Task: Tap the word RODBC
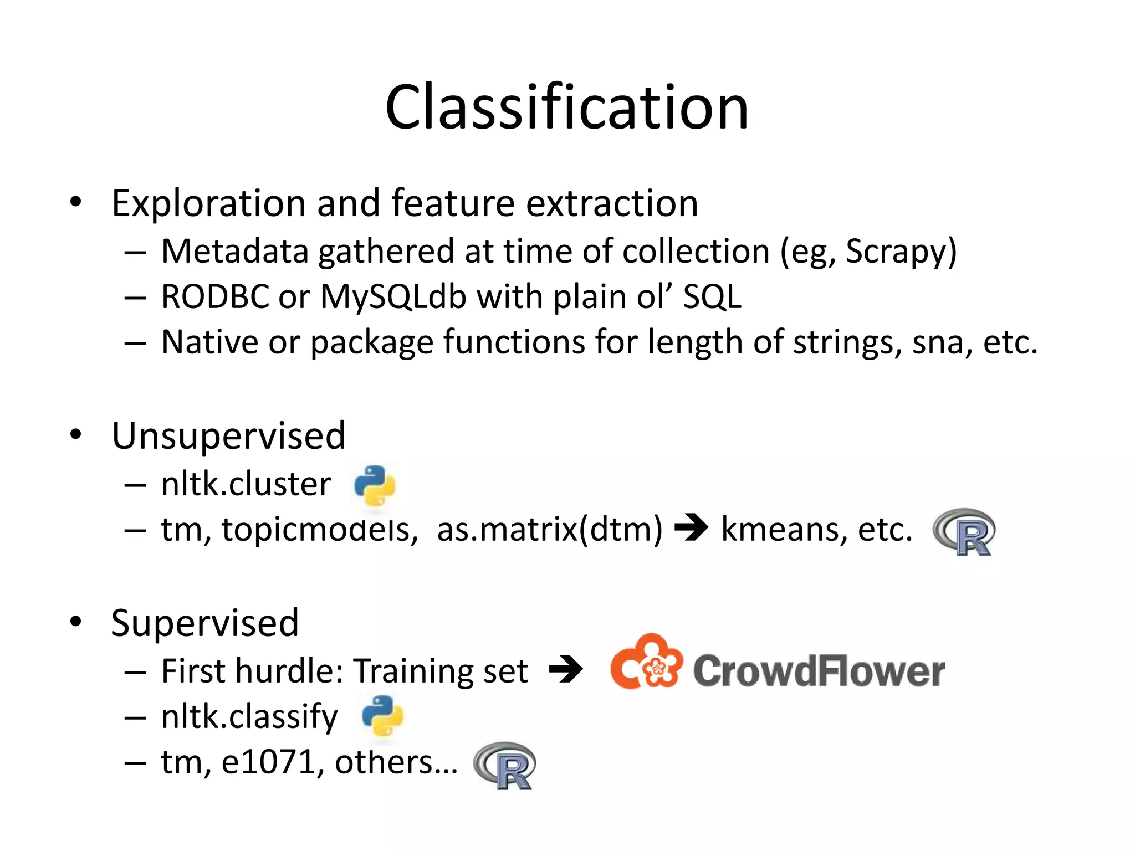[215, 297]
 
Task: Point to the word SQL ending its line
[712, 297]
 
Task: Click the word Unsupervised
[228, 435]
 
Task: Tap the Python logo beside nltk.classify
[382, 716]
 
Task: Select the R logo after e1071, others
[505, 765]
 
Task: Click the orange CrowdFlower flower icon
[646, 663]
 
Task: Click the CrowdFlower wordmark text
[819, 671]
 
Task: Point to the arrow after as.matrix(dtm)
[691, 527]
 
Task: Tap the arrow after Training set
[566, 669]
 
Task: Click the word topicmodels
[319, 530]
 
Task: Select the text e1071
[268, 762]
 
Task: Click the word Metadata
[234, 252]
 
